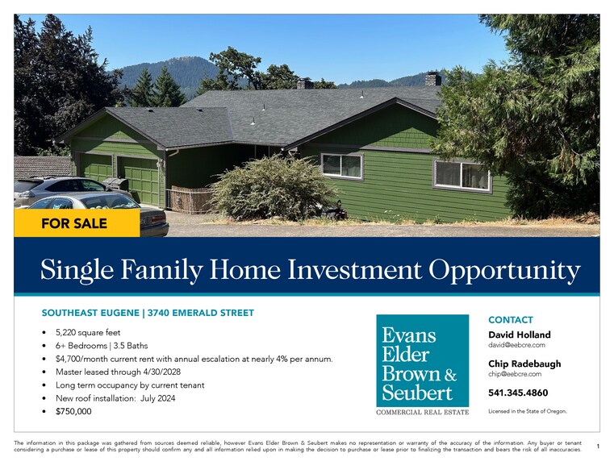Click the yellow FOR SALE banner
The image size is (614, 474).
(74, 223)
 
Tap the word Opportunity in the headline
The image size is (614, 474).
(504, 270)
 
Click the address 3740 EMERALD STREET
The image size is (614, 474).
(201, 313)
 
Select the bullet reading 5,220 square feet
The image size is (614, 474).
(89, 332)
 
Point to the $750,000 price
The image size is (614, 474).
(73, 411)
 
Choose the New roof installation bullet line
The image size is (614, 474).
(115, 398)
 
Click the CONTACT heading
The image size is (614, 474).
(510, 320)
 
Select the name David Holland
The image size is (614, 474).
(520, 335)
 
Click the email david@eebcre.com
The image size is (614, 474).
(516, 345)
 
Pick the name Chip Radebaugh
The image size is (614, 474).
(524, 364)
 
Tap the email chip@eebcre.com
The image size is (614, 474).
(515, 374)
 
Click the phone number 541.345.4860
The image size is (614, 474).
(518, 393)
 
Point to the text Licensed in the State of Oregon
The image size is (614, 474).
(528, 411)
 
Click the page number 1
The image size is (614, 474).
(597, 446)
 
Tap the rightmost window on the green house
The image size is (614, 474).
(462, 175)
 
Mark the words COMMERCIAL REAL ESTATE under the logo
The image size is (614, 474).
(422, 413)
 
